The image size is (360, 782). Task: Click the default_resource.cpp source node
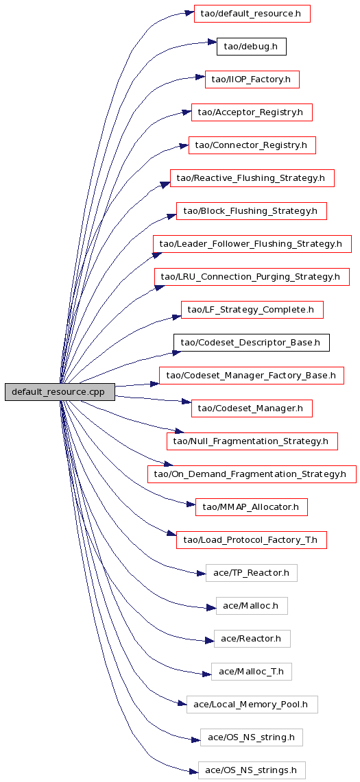[60, 392]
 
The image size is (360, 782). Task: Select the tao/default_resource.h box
[252, 14]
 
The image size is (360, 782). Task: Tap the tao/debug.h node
[251, 47]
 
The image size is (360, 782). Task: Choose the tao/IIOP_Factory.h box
[252, 80]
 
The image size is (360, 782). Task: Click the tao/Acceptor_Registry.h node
[252, 112]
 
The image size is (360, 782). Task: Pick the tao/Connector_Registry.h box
[252, 145]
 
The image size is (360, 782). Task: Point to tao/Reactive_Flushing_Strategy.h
[252, 179]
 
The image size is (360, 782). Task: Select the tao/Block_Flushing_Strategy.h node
[252, 211]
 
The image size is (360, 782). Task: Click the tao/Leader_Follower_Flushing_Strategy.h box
[252, 244]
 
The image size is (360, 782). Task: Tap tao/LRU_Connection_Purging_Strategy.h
[252, 277]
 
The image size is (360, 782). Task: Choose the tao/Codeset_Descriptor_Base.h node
[252, 343]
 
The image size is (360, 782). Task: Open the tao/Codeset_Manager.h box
[252, 408]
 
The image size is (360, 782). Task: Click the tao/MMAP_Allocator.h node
[252, 507]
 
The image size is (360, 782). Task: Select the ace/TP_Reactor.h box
[252, 572]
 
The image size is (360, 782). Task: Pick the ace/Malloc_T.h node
[252, 671]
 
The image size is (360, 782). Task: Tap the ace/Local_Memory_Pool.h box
[252, 704]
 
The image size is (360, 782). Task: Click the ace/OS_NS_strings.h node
[252, 770]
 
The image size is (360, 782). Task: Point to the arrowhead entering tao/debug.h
[211, 43]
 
